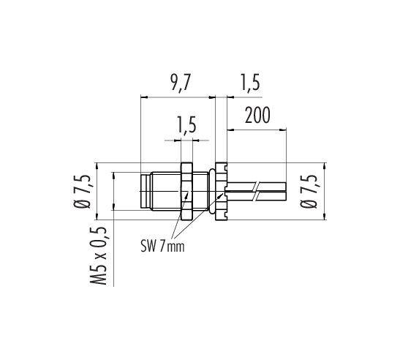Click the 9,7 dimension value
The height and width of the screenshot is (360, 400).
click(181, 83)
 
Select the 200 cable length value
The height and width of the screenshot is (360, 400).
click(257, 116)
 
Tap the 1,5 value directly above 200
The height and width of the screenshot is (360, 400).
click(250, 83)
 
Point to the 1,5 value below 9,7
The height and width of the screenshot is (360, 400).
click(186, 125)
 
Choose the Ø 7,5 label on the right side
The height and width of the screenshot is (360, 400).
click(309, 191)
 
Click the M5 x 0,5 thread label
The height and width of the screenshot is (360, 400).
click(98, 256)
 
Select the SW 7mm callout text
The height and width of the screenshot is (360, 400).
click(162, 247)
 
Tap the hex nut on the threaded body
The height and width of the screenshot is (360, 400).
click(186, 191)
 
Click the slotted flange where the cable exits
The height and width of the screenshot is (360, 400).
click(221, 191)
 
